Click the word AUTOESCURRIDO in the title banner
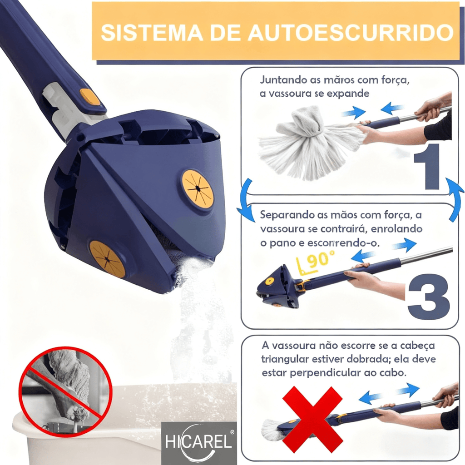(x=350, y=33)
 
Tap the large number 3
(x=428, y=297)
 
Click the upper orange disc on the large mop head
(x=198, y=188)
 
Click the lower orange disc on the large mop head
(x=107, y=259)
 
